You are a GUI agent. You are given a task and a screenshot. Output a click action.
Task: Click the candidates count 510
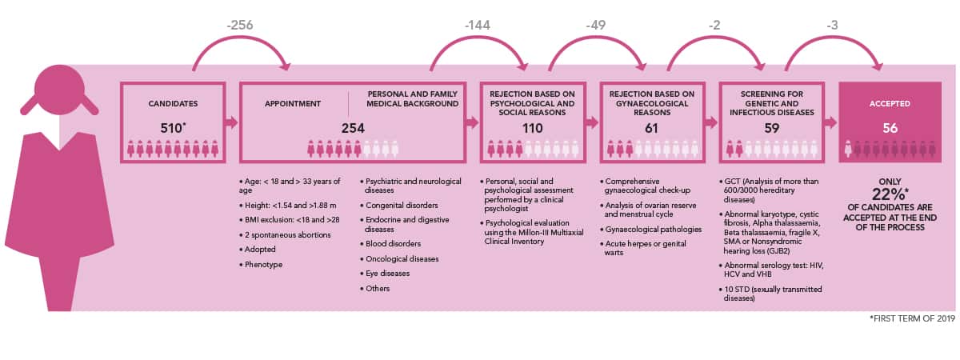(171, 128)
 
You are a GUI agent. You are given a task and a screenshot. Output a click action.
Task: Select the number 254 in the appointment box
(353, 128)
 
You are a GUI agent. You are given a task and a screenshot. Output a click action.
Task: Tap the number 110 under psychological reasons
(532, 128)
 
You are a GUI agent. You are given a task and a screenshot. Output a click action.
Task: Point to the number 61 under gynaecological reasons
(651, 128)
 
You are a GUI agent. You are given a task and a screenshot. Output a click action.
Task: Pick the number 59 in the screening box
(771, 128)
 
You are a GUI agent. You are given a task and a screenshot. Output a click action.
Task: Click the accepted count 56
(890, 128)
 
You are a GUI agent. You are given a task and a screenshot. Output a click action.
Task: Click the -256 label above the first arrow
(240, 25)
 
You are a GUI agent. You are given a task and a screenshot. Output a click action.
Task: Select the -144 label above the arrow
(477, 26)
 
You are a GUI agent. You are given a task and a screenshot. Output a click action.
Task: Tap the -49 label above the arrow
(596, 26)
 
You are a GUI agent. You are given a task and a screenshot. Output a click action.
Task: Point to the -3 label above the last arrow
(832, 26)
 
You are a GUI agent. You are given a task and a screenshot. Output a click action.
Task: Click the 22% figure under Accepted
(889, 194)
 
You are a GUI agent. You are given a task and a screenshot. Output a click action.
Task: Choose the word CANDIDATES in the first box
(173, 104)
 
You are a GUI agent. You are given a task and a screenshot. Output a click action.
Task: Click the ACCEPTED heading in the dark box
(890, 104)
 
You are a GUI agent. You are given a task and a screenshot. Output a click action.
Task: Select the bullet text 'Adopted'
(260, 250)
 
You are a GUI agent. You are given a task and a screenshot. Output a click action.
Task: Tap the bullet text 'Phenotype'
(263, 265)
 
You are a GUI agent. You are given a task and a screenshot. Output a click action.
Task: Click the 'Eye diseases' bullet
(387, 274)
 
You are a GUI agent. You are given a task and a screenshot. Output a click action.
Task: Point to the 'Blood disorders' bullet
(393, 244)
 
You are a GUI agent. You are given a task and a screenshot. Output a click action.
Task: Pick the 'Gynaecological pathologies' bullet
(653, 230)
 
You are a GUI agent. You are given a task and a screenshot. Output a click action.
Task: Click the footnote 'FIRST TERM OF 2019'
(914, 318)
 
